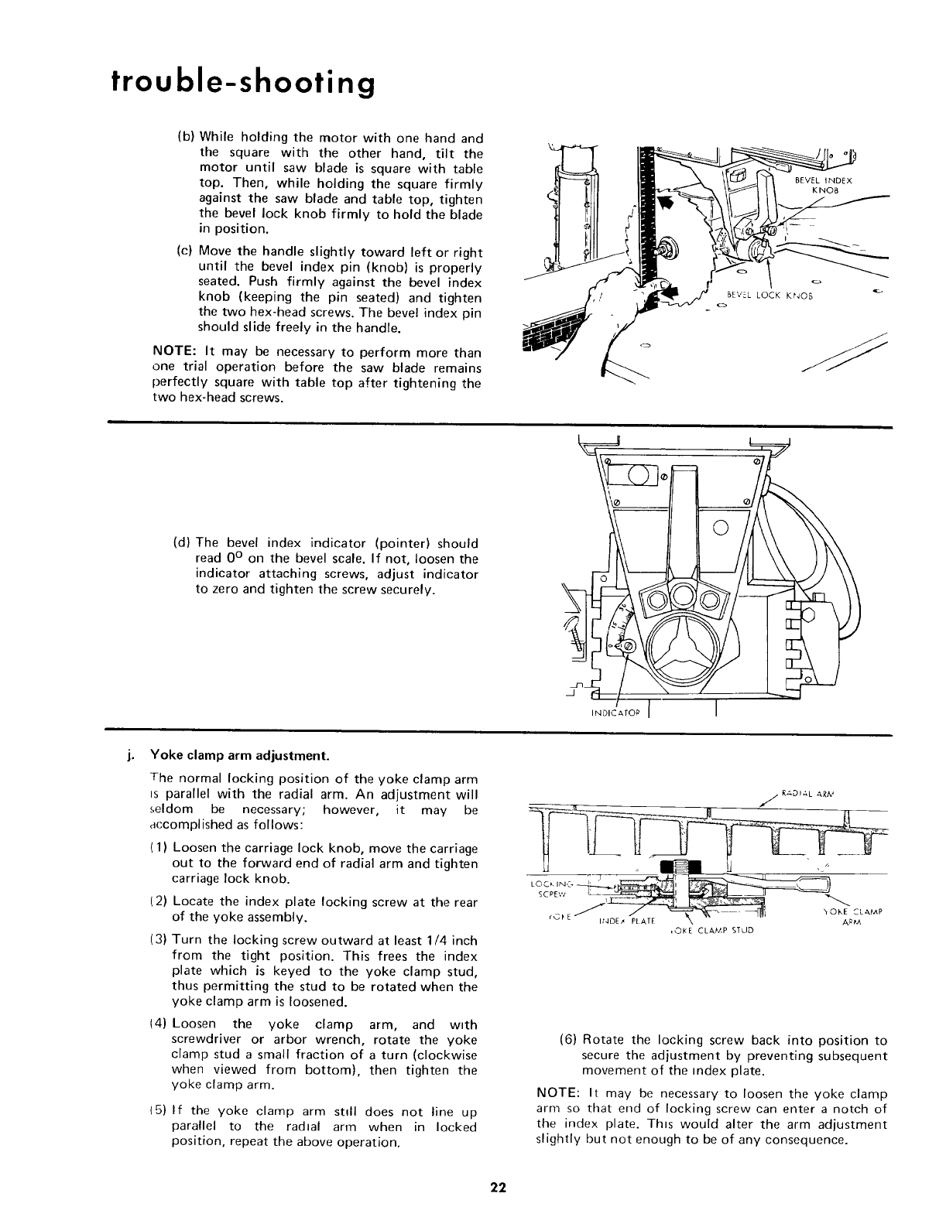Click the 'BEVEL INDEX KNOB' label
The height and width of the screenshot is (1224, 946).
[x=823, y=186]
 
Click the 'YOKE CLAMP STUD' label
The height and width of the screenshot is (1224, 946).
[x=709, y=930]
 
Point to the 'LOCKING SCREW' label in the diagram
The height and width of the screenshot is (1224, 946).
[x=543, y=888]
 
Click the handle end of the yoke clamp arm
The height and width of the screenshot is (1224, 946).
[x=817, y=884]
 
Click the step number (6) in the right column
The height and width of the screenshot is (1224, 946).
[x=567, y=1040]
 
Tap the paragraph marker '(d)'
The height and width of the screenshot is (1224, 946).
[x=183, y=543]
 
